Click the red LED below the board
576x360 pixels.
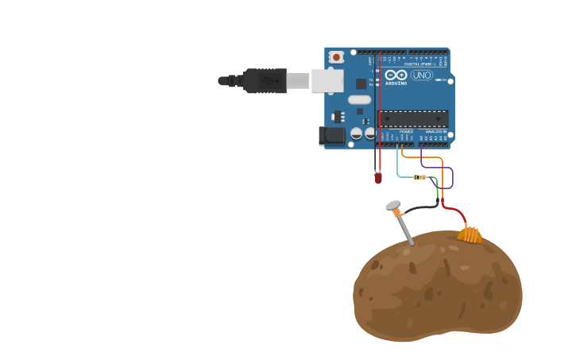tap(378, 178)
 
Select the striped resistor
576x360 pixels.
tap(419, 177)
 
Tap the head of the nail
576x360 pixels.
tap(393, 206)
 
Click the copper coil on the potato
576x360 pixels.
tap(470, 234)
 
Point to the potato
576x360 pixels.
tap(437, 286)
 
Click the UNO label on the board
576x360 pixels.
tap(422, 75)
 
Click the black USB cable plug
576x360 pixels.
tap(265, 80)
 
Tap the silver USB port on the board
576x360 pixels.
tap(327, 80)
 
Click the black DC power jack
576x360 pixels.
tap(332, 136)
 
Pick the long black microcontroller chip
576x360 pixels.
tap(413, 118)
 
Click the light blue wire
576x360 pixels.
tap(398, 163)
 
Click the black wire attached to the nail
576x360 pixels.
tap(421, 209)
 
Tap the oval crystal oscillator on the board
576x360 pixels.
tap(359, 100)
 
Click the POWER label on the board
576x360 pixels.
tap(406, 132)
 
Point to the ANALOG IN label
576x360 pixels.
tap(435, 132)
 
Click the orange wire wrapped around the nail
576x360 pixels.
tap(401, 214)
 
